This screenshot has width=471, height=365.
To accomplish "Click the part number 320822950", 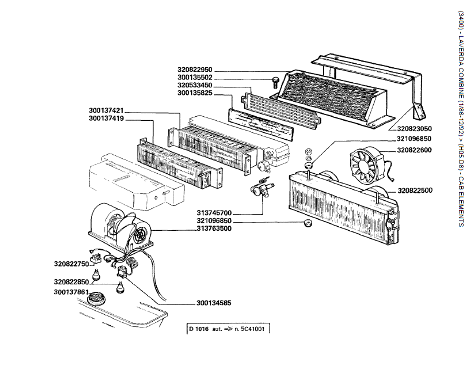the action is [195, 70].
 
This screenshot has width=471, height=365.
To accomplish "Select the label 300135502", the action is [195, 78].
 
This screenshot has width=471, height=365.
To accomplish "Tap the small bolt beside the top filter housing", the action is [275, 82].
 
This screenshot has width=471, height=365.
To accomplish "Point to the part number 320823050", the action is [414, 128].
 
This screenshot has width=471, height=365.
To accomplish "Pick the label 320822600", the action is [414, 150].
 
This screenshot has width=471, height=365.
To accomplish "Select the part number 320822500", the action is [415, 191].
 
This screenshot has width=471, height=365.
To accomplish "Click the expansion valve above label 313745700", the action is [261, 189].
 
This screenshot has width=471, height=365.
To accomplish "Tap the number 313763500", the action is [214, 229].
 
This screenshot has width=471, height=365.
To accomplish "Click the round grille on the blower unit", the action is [141, 235].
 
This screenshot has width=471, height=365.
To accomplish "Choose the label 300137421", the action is [107, 111].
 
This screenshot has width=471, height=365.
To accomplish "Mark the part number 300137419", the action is [107, 119].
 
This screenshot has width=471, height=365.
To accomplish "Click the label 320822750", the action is [71, 264].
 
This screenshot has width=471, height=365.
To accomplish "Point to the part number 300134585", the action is [214, 303].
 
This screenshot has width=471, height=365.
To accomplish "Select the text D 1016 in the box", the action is [199, 329].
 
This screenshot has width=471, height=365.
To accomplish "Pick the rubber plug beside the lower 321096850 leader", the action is [307, 223].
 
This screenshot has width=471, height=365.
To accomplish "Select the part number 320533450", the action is [195, 85].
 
